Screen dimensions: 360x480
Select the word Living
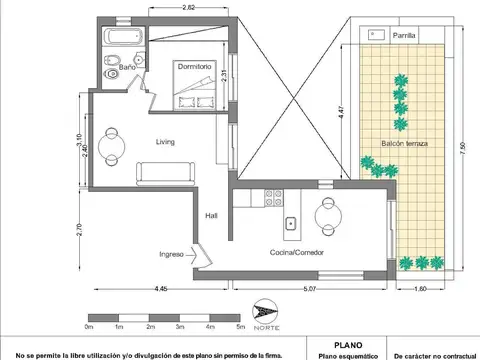click(166, 142)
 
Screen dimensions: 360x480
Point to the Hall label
click(212, 214)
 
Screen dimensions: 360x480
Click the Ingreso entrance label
click(171, 254)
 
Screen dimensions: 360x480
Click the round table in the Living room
click(111, 143)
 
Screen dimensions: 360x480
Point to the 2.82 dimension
click(189, 8)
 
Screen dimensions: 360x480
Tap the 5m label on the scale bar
click(239, 327)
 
